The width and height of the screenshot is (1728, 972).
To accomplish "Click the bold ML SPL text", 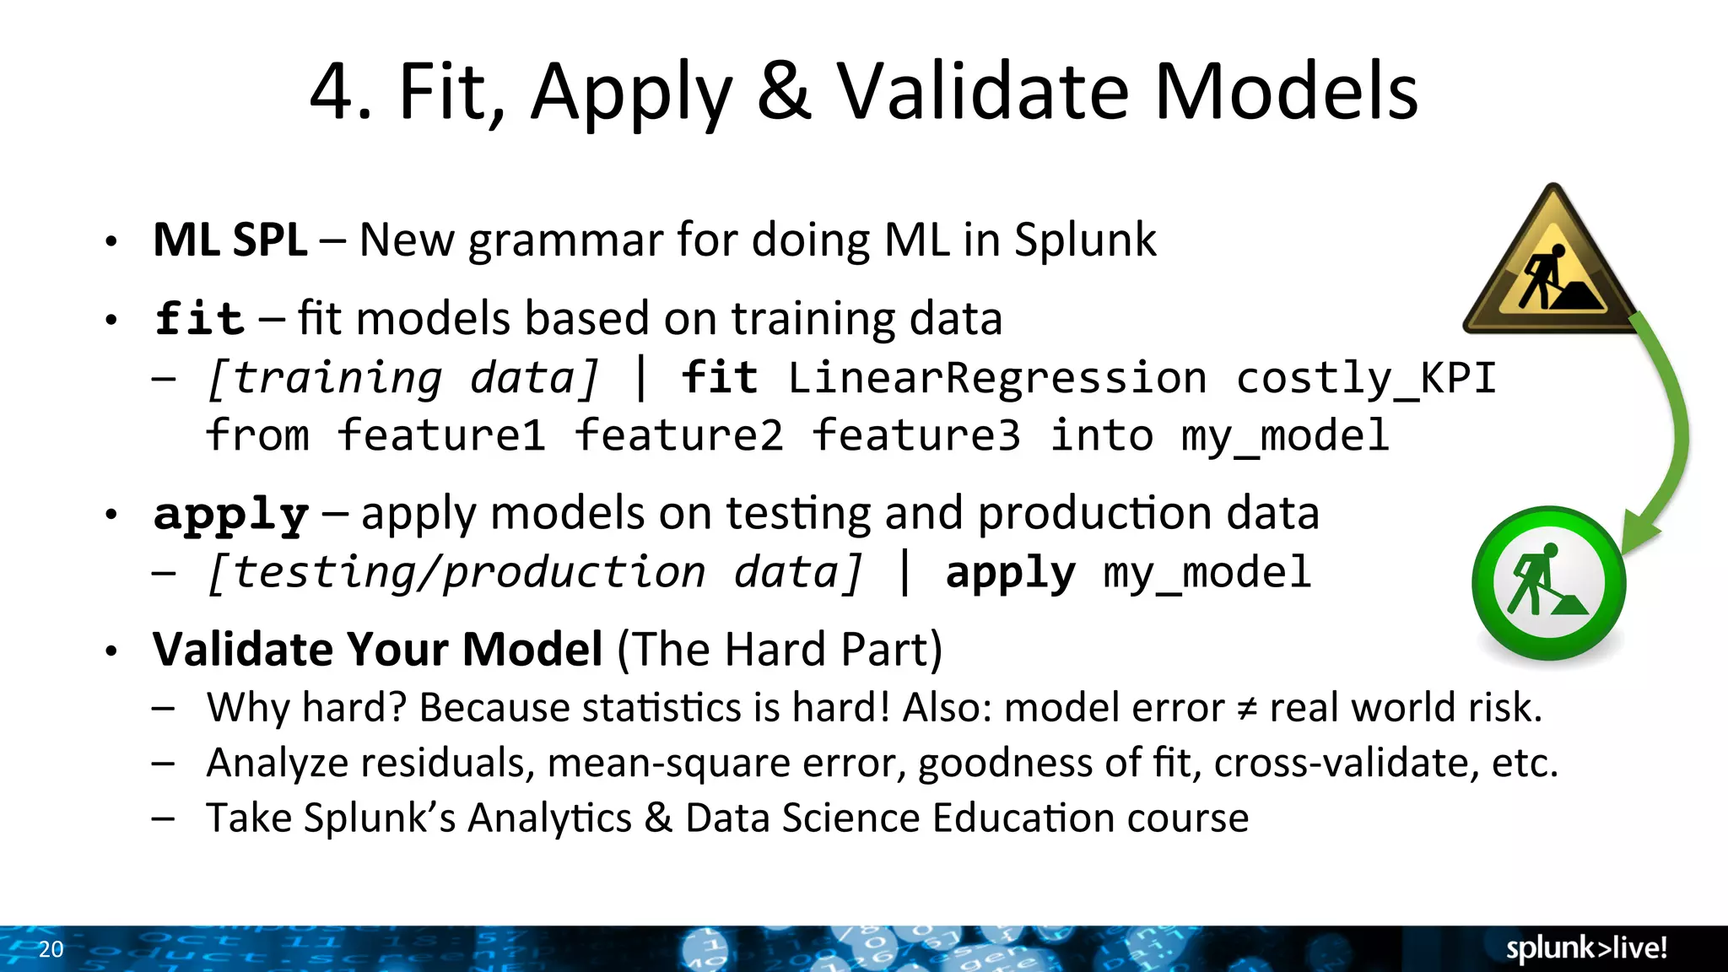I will click(229, 240).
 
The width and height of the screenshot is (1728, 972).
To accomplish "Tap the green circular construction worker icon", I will click(1548, 582).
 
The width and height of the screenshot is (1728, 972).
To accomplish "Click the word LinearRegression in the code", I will click(996, 377).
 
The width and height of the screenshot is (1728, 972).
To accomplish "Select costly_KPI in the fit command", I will click(1366, 378).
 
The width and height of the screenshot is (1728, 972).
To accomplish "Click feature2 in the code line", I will click(678, 435).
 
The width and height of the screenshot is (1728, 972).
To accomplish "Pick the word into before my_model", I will click(1101, 435).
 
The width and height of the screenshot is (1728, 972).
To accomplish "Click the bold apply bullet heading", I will click(230, 515).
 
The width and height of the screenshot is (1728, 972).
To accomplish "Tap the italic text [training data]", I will click(403, 377).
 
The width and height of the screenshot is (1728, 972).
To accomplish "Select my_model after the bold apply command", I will click(1207, 573).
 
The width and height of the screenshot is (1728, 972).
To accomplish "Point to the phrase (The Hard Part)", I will click(780, 650).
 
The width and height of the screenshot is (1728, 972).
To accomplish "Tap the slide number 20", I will click(51, 949).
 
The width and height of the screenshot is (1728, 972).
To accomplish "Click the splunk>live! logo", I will click(1586, 948).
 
